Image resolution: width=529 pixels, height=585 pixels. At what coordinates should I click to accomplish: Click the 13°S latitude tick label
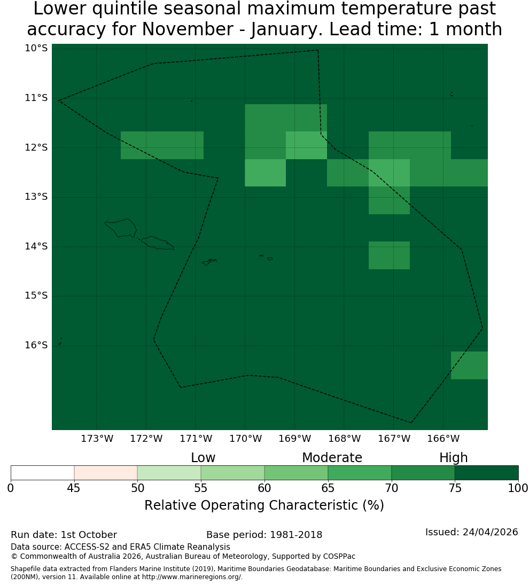pos(36,197)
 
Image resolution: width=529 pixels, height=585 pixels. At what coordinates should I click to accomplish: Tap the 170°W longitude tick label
pos(245,439)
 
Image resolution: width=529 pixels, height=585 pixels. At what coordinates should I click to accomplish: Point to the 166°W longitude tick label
pos(443,439)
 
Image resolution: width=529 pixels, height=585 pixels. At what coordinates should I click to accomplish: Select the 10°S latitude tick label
pos(36,48)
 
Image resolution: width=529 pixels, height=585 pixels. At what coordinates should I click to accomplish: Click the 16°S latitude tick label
pos(36,345)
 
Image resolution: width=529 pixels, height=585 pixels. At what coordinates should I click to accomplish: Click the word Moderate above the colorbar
pos(332,457)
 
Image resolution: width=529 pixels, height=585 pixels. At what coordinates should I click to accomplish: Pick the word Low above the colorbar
pos(203,457)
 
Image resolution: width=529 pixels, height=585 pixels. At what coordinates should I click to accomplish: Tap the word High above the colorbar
pos(453,458)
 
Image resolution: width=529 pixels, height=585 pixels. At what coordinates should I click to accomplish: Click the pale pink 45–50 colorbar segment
pos(106,473)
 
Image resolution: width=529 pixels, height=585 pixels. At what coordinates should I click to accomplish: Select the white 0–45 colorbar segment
pos(43,473)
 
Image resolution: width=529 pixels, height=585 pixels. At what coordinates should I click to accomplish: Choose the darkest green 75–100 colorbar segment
pos(486,473)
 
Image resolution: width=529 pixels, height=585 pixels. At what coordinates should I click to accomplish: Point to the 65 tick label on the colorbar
pos(328,488)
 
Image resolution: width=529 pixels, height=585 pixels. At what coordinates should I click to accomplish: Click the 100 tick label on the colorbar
pos(518,488)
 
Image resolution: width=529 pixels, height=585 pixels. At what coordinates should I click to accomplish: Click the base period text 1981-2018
pos(296,535)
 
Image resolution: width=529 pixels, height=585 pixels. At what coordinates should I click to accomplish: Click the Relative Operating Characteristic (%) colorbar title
pos(264,505)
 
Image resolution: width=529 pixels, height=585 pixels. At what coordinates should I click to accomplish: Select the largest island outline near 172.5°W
pos(121,228)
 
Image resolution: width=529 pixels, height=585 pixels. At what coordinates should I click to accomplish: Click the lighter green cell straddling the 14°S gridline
pos(389,255)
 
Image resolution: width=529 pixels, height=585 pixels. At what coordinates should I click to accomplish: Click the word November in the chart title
pos(188,29)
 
